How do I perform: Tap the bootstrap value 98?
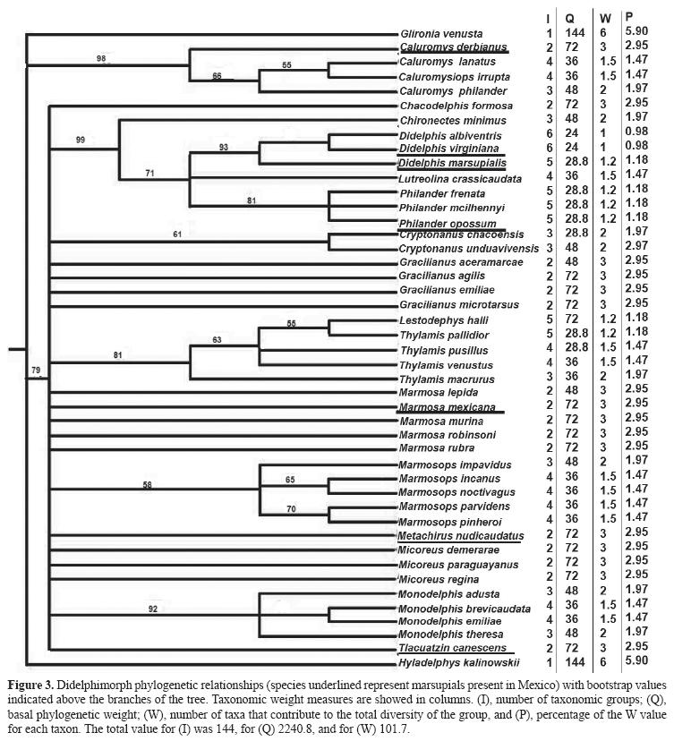(101, 59)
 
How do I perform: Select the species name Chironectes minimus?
(444, 120)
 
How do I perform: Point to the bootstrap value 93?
(221, 145)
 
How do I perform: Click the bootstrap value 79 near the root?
(36, 370)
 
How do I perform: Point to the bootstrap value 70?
(290, 509)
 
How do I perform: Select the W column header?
(605, 17)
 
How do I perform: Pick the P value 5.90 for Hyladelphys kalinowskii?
(636, 661)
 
